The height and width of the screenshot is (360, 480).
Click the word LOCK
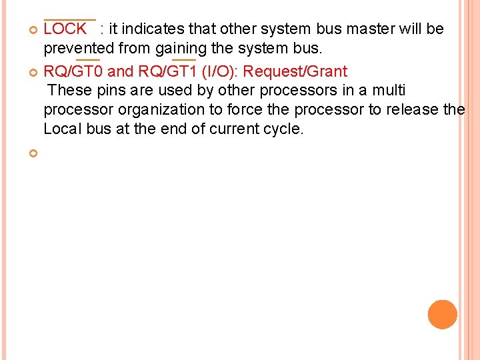pyautogui.click(x=65, y=29)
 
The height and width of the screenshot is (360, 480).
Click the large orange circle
pyautogui.click(x=443, y=315)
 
